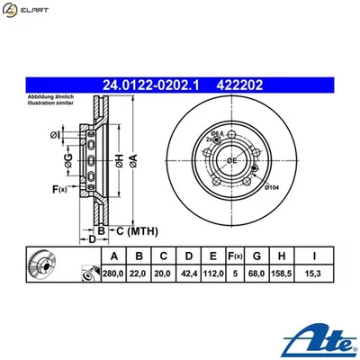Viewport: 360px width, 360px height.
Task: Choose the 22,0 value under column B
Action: pos(138,274)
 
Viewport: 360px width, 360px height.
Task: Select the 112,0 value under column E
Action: pos(212,274)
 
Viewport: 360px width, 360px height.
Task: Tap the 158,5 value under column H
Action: pos(285,274)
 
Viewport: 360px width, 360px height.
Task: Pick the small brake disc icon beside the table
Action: pos(42,266)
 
